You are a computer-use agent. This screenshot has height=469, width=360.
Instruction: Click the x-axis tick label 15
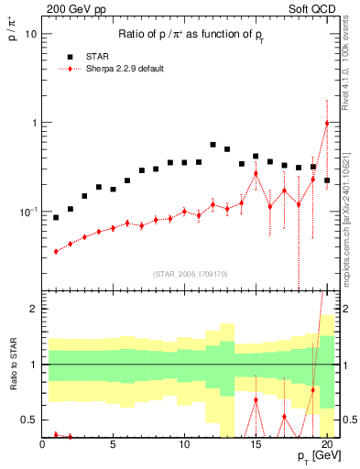pos(256,446)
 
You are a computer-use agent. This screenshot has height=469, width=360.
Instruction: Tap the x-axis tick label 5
pos(114,446)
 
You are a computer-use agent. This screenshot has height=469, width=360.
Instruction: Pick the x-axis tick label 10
pos(184,446)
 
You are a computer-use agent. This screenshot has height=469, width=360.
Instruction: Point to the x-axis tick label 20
pos(326,446)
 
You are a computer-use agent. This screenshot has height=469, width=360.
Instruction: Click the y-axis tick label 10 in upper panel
pos(29,34)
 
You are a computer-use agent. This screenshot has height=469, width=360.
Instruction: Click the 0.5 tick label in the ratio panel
pos(27,420)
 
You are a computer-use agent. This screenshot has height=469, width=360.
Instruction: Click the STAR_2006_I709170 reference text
pos(190,272)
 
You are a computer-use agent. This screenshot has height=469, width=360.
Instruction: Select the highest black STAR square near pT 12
pos(213,145)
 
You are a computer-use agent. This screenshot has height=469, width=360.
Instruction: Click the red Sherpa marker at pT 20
pos(327,123)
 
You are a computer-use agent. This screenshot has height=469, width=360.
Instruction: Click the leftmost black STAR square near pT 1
pos(56,218)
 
